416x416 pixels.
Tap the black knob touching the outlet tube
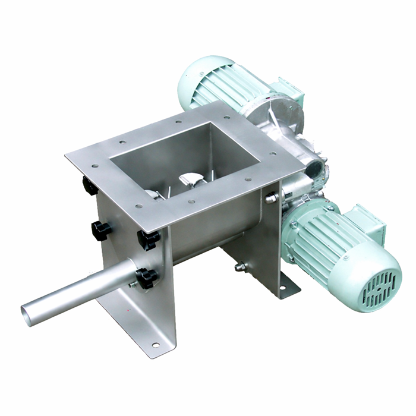click(x=146, y=277)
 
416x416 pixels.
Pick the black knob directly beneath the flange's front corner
click(x=149, y=239)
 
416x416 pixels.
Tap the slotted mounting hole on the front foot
click(x=155, y=345)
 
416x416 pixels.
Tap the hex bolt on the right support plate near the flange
click(x=271, y=198)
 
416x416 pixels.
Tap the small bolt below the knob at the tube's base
click(x=134, y=284)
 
